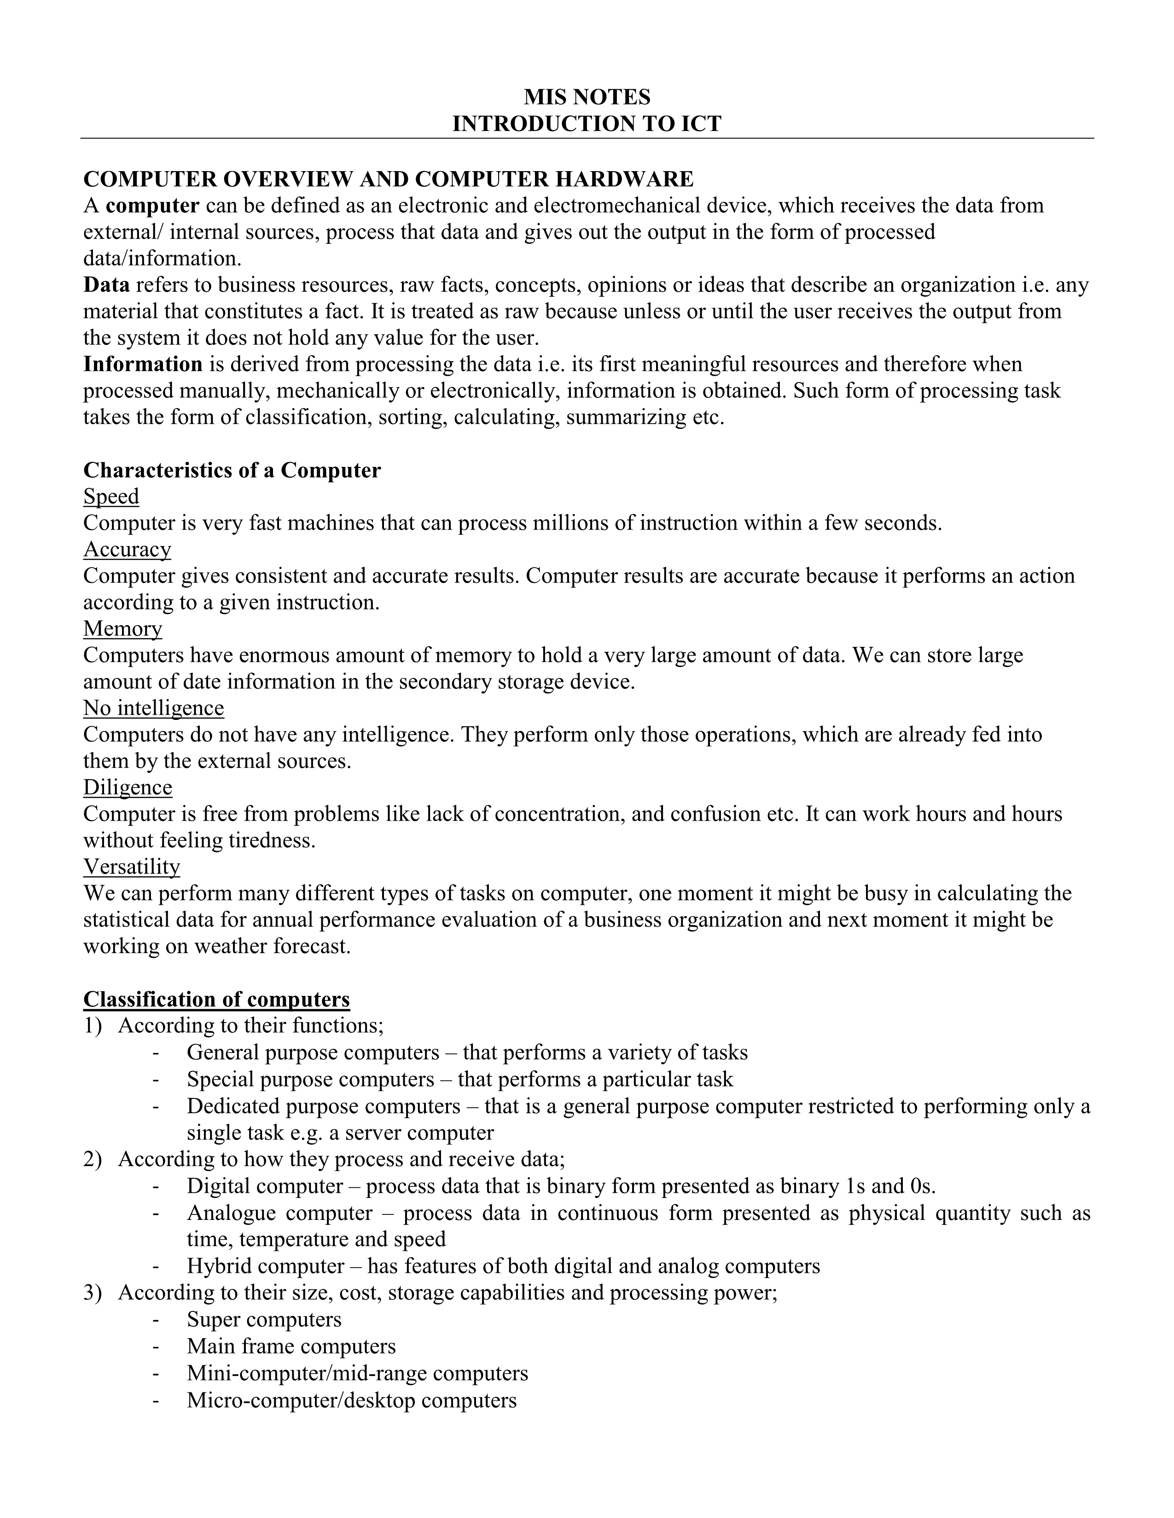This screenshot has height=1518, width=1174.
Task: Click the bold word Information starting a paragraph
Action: click(x=143, y=364)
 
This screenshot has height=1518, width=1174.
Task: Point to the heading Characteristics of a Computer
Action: click(x=232, y=471)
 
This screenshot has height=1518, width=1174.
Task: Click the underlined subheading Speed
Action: click(x=111, y=496)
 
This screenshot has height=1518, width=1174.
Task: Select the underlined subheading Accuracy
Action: click(x=127, y=550)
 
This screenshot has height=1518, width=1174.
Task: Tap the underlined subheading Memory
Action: click(x=123, y=629)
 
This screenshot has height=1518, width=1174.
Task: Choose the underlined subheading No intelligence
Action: click(x=154, y=708)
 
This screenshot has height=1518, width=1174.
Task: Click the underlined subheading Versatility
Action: click(x=132, y=867)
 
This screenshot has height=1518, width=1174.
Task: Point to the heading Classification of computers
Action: click(x=216, y=1000)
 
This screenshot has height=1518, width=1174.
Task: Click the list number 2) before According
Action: click(x=93, y=1159)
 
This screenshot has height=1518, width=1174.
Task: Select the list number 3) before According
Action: click(x=93, y=1293)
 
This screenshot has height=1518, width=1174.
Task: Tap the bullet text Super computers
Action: click(x=264, y=1319)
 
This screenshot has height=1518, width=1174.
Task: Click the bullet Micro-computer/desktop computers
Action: click(x=352, y=1400)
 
